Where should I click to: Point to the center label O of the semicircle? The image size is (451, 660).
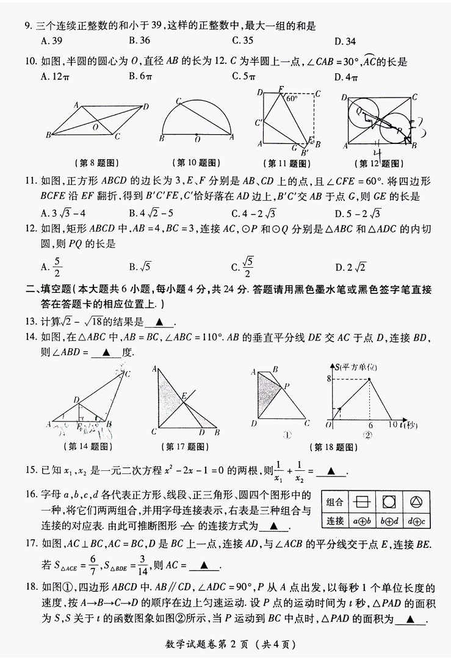(x=197, y=140)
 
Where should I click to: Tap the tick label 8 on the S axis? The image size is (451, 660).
(x=328, y=379)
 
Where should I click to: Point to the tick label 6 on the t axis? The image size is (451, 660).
(x=370, y=425)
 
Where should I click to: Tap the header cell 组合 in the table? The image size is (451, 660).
(x=334, y=502)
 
